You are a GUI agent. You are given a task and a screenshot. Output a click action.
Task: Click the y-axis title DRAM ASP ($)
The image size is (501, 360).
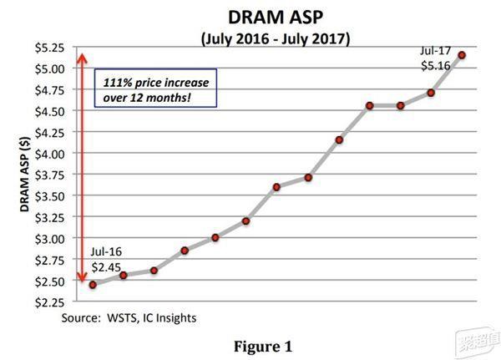pos(26,176)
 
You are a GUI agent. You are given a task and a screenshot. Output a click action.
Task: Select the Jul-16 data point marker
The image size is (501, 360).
pos(93,285)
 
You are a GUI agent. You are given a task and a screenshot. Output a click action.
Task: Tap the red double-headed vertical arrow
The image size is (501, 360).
pos(81,167)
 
